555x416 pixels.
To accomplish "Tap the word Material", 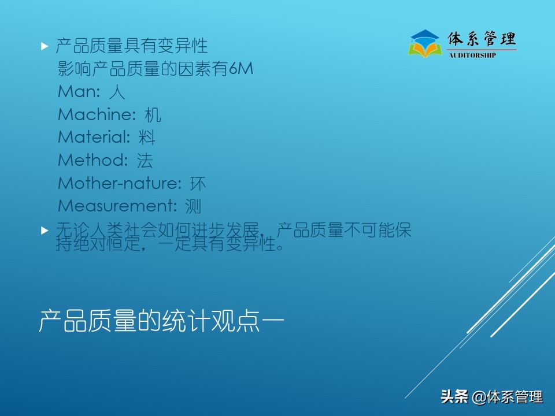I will [x=94, y=138].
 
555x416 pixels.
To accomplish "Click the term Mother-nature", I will [x=119, y=183].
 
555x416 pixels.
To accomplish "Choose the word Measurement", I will [x=116, y=206].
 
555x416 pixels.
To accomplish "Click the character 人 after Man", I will [x=117, y=92].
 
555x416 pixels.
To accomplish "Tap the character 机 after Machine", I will [x=153, y=114].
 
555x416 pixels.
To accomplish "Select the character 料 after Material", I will [x=147, y=138].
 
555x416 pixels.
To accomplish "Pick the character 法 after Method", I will [x=145, y=160].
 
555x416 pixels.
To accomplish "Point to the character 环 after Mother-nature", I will [x=198, y=183].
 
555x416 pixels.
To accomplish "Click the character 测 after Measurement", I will [x=193, y=206].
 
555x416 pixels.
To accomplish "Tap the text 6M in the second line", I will [x=241, y=69].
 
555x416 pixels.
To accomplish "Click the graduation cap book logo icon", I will [x=425, y=43].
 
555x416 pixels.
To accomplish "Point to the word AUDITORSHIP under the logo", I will [x=472, y=55].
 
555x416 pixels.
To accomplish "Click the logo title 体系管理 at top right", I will [x=482, y=39].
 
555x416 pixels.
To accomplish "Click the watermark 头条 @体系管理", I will [x=492, y=397].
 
